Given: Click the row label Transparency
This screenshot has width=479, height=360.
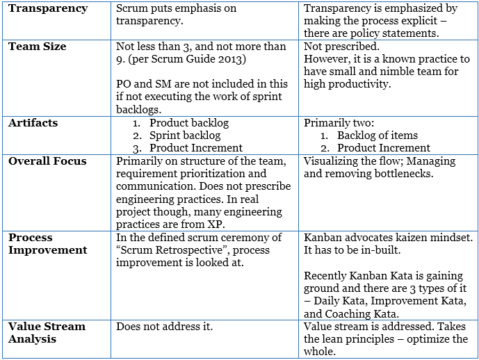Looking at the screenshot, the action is tap(48, 9).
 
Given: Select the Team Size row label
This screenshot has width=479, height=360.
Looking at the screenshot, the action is tap(38, 47).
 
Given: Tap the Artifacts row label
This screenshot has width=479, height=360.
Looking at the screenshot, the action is tap(33, 123).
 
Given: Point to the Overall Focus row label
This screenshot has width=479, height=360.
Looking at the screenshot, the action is tap(47, 161).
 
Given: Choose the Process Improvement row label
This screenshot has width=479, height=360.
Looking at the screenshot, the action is tap(48, 243).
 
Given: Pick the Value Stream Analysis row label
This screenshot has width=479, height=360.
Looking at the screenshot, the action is tap(47, 332).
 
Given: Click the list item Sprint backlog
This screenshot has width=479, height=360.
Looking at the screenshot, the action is tap(185, 136).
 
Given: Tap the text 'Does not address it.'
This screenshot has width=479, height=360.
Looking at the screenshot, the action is tap(165, 326).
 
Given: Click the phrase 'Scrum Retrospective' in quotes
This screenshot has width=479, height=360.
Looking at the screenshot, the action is tap(174, 251).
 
